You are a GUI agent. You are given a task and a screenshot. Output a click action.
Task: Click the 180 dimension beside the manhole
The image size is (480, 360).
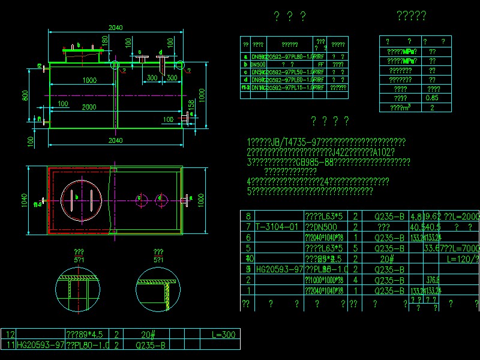pos(105,40)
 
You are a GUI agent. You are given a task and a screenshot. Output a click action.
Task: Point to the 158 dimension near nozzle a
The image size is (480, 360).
pos(191,105)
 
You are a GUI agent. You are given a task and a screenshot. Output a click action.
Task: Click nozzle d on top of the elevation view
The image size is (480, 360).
pos(162,58)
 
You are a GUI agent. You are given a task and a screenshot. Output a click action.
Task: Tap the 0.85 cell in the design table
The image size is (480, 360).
pos(431,98)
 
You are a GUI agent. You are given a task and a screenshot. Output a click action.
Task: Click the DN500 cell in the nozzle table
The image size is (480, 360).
pos(259,64)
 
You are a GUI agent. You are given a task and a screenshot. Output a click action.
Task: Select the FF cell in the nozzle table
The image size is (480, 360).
pos(320,64)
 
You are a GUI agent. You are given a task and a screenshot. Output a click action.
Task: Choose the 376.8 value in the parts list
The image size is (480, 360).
pos(430,280)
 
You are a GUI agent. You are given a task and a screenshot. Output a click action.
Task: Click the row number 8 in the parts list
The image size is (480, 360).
pos(248,216)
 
